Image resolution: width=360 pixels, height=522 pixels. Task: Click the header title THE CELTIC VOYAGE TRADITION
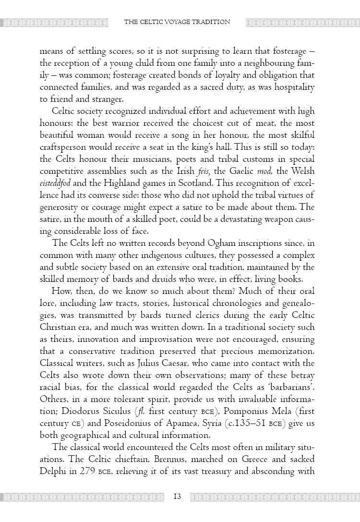(x=177, y=22)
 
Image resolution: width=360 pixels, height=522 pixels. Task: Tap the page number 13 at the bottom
(x=177, y=497)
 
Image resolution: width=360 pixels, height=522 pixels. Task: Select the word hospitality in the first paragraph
(x=295, y=87)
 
